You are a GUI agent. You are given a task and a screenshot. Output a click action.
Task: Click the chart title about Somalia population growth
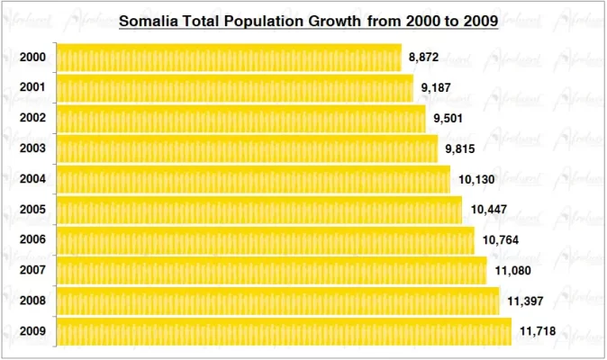tap(309, 20)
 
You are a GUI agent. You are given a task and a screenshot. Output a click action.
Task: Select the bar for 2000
tap(229, 58)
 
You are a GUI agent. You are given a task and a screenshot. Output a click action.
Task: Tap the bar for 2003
tap(247, 148)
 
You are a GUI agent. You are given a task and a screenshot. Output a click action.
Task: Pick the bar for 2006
tap(265, 240)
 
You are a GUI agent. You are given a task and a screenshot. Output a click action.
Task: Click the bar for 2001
tap(234, 88)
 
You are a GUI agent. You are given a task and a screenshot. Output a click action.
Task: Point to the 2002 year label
tap(33, 119)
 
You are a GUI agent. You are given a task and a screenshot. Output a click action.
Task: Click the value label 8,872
tap(423, 58)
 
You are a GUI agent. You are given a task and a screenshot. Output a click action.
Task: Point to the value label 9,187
tap(436, 88)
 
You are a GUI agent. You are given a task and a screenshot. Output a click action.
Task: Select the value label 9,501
tap(448, 119)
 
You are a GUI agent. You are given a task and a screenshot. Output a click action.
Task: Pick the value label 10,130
tap(475, 180)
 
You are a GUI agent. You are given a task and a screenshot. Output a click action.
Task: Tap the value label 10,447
tap(487, 211)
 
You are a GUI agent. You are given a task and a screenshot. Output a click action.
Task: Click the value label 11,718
tap(538, 332)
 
